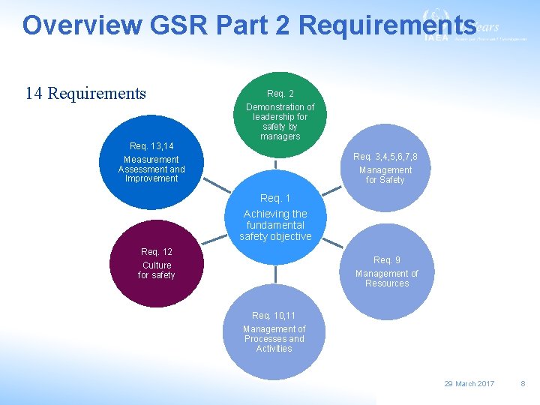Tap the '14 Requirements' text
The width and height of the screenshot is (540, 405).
pyautogui.click(x=85, y=93)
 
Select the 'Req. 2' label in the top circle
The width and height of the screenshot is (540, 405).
pyautogui.click(x=280, y=94)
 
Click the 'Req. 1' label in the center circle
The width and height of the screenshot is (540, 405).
pyautogui.click(x=275, y=198)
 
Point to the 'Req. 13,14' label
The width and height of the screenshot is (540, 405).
pyautogui.click(x=151, y=145)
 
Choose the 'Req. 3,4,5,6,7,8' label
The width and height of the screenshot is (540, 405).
pyautogui.click(x=385, y=157)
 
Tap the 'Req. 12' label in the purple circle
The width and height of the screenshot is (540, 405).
pyautogui.click(x=157, y=252)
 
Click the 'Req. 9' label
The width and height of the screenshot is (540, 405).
pyautogui.click(x=387, y=260)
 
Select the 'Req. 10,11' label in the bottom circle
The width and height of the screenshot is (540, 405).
pyautogui.click(x=274, y=316)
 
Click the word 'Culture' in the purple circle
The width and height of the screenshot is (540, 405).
pyautogui.click(x=157, y=265)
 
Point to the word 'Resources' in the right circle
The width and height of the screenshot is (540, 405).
pyautogui.click(x=387, y=283)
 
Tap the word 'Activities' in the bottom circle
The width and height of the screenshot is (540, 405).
pyautogui.click(x=274, y=349)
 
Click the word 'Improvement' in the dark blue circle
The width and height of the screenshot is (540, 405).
pyautogui.click(x=151, y=178)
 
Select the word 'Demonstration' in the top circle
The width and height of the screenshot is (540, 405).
pyautogui.click(x=280, y=107)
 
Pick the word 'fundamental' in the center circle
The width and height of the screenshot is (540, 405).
pyautogui.click(x=275, y=225)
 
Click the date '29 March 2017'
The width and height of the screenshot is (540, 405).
pyautogui.click(x=469, y=383)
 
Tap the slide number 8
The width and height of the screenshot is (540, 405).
pyautogui.click(x=523, y=383)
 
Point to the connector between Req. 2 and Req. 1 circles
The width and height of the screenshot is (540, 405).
pyautogui.click(x=276, y=166)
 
